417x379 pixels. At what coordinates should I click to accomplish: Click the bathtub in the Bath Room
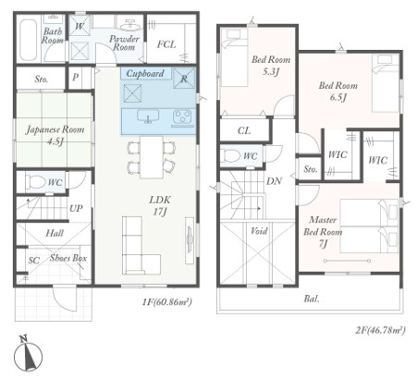click(x=29, y=41)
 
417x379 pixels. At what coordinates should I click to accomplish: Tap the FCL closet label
click(x=166, y=44)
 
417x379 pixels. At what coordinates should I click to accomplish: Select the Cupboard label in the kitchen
click(x=145, y=74)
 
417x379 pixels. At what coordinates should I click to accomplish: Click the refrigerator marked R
click(x=184, y=78)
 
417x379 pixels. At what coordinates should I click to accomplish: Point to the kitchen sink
click(x=148, y=116)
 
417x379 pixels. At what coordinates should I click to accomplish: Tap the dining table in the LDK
click(x=152, y=157)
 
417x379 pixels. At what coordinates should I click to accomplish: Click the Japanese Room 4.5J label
click(x=55, y=135)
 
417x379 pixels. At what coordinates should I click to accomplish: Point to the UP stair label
click(x=76, y=209)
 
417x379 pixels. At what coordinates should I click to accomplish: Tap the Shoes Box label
click(x=68, y=258)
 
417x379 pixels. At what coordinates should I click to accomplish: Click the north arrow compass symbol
click(x=29, y=353)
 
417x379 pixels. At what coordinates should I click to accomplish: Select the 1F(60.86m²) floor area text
click(x=167, y=302)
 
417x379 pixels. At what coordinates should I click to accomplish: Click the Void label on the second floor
click(x=259, y=231)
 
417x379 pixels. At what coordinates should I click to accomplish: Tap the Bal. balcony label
click(x=312, y=299)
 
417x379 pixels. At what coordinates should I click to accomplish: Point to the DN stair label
click(x=274, y=181)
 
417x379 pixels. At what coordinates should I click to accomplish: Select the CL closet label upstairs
click(x=244, y=130)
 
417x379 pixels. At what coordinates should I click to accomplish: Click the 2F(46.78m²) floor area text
click(x=380, y=330)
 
